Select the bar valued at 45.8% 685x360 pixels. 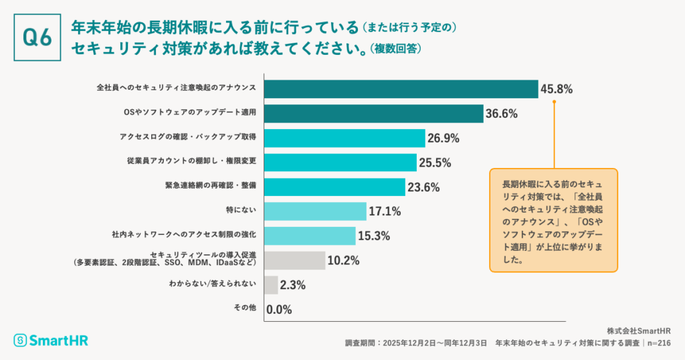click(401, 89)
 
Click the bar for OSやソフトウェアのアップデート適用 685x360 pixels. click(374, 114)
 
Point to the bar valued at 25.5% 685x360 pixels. click(340, 163)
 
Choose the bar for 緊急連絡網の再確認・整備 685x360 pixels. click(334, 187)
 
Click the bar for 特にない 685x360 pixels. click(316, 211)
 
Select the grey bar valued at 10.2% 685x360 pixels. click(295, 260)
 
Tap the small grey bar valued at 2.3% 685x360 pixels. click(272, 285)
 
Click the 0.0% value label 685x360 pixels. click(279, 310)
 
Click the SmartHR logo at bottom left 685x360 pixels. click(51, 341)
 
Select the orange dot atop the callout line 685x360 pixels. click(554, 102)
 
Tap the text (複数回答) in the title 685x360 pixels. click(396, 50)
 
